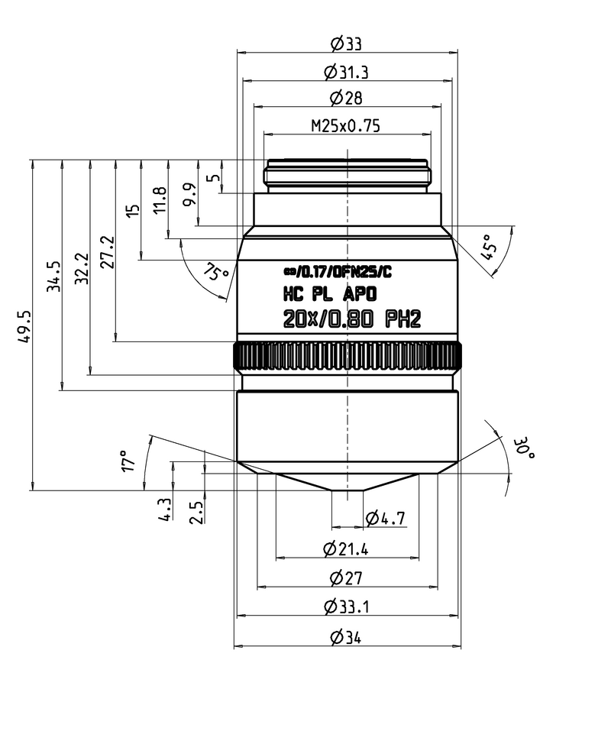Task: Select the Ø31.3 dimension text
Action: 348,72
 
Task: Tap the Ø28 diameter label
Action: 348,98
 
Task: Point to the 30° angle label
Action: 524,448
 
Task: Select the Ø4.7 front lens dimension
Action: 386,519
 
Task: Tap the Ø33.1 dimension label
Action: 348,607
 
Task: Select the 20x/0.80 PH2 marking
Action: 352,321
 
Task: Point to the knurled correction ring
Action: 348,356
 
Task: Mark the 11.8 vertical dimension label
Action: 159,200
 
